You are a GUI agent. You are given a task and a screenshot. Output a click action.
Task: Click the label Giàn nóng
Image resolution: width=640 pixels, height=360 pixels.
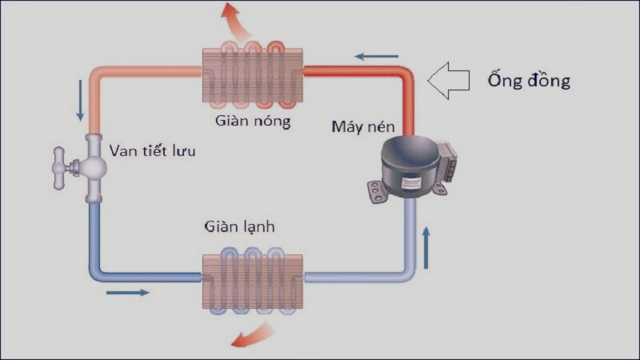coord(253,122)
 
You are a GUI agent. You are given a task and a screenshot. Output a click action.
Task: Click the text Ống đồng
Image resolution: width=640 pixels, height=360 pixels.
coord(529,81)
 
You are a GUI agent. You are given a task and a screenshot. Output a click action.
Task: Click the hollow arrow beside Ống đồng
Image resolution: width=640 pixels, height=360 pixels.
coord(449,80)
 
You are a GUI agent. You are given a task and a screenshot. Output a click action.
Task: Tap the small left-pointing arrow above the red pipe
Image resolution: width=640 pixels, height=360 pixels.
coord(377,57)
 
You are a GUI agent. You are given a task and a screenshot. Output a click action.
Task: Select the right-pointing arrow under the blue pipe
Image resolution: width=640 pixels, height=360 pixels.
coord(128,292)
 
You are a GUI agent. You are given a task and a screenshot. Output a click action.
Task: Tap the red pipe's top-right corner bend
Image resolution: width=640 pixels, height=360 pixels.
coord(407,74)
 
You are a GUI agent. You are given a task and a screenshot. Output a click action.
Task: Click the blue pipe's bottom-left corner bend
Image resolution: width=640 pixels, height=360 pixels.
coord(94,274)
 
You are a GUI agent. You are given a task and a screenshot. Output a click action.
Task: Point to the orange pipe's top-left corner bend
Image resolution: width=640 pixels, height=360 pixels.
coord(95,74)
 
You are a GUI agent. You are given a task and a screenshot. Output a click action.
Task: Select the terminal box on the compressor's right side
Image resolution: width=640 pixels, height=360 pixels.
coord(449,161)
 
